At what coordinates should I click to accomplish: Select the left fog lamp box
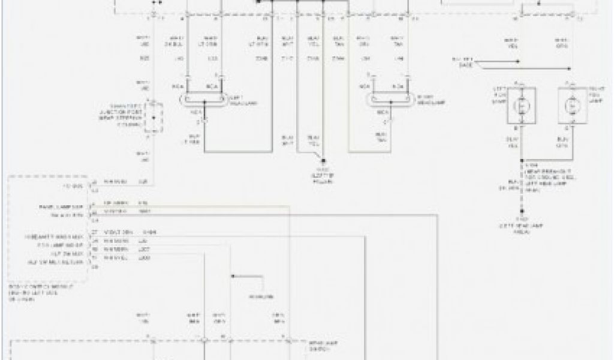(521, 104)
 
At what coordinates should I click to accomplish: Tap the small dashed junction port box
(157, 116)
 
